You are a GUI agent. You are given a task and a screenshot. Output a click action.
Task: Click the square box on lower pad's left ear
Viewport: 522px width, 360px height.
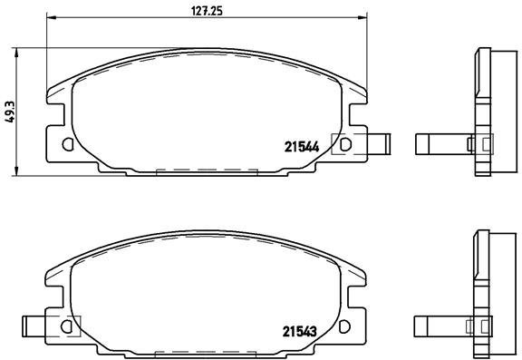click(x=70, y=324)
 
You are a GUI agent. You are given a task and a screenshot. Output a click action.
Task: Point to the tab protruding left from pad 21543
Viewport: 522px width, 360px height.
click(x=34, y=323)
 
